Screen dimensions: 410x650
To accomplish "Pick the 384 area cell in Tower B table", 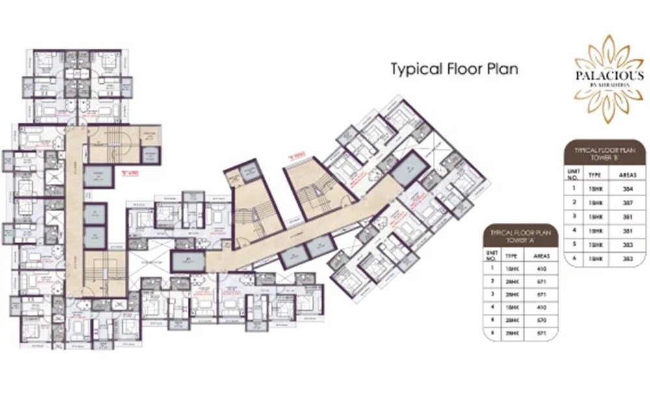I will (628, 189).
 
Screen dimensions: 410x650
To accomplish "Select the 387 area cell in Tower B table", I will (628, 203).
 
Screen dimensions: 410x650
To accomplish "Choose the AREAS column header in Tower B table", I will (627, 174).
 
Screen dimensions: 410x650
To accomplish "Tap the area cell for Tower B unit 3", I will (628, 216).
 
